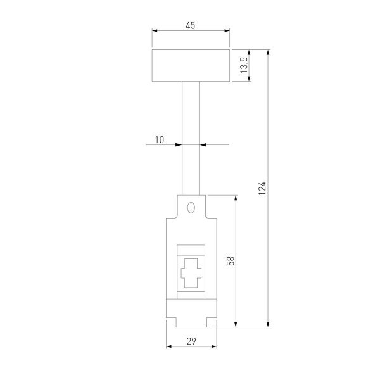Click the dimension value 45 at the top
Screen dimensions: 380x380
coord(191,25)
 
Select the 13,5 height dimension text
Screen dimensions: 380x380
coord(244,65)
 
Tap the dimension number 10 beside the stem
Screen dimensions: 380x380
coord(159,139)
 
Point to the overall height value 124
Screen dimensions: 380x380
coord(262,188)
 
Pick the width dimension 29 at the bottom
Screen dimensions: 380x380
coord(191,341)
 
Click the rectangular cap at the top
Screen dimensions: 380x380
coord(191,65)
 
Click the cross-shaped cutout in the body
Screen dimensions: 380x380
coord(191,274)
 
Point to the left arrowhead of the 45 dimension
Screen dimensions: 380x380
coord(156,30)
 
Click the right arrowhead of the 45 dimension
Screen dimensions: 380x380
coord(226,30)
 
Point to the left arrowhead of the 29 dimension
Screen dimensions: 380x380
coord(169,347)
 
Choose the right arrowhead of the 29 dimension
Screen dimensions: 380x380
coord(213,347)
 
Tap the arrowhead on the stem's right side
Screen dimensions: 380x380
coord(205,145)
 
